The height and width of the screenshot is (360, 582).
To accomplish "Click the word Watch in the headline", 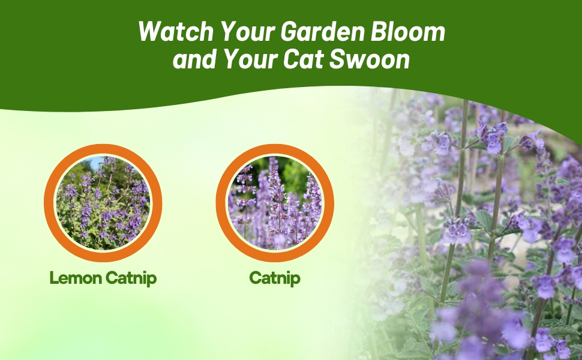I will (x=169, y=32).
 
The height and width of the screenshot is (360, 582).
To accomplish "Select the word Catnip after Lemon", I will (x=131, y=278).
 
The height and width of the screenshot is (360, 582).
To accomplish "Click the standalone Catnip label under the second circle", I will (x=274, y=278).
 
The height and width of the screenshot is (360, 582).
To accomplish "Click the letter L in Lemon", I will (x=54, y=278).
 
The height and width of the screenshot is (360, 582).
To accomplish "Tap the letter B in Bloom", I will (x=382, y=32).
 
